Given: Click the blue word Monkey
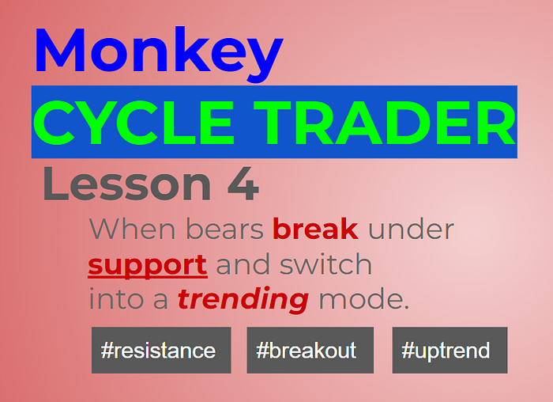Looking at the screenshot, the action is click(159, 54).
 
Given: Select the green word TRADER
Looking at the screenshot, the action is click(385, 122).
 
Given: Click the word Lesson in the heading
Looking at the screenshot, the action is click(127, 184).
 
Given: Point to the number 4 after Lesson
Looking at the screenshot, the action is click(243, 184).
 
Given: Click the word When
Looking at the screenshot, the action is click(132, 229).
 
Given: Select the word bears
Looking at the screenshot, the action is click(224, 229).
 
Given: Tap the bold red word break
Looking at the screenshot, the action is click(316, 229).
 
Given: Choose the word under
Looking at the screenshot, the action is click(411, 229).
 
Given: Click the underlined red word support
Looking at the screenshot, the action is click(148, 266).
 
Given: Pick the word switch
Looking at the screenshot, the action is click(325, 264).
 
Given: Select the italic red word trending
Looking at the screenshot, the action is click(243, 300).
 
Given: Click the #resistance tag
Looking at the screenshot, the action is click(161, 350).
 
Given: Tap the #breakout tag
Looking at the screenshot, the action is click(310, 350).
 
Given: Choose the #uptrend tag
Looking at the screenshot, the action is click(450, 350).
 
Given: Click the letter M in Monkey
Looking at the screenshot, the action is click(60, 50).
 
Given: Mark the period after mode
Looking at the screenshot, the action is click(406, 307).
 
